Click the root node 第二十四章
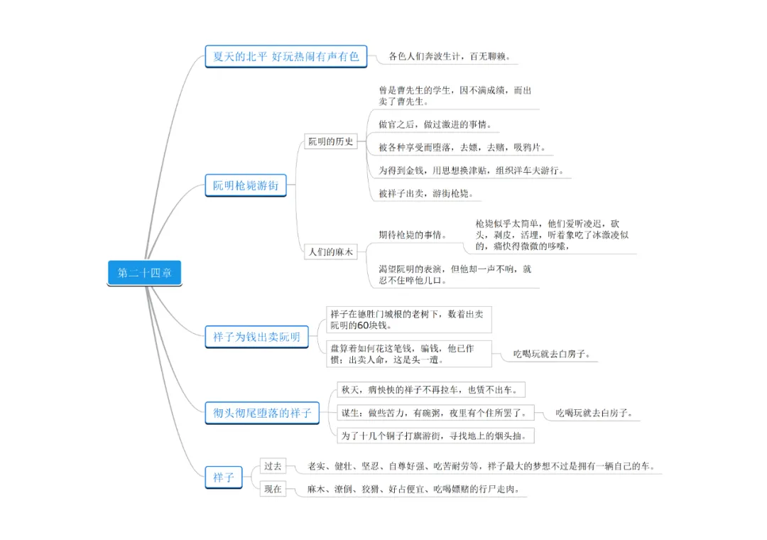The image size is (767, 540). (145, 273)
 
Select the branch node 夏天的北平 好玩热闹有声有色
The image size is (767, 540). (286, 56)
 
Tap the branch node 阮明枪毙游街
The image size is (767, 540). (246, 186)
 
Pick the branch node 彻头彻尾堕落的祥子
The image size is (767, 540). (263, 413)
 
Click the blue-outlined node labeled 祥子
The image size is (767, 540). (224, 477)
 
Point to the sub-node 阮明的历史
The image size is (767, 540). (330, 141)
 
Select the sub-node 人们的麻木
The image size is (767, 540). (330, 252)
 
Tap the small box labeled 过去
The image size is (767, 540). (273, 467)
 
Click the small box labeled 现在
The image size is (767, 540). (273, 489)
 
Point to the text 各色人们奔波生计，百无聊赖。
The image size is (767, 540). (450, 56)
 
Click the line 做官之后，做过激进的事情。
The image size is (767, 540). (435, 125)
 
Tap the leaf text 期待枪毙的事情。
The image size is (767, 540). (412, 235)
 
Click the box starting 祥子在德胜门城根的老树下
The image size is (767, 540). (409, 319)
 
